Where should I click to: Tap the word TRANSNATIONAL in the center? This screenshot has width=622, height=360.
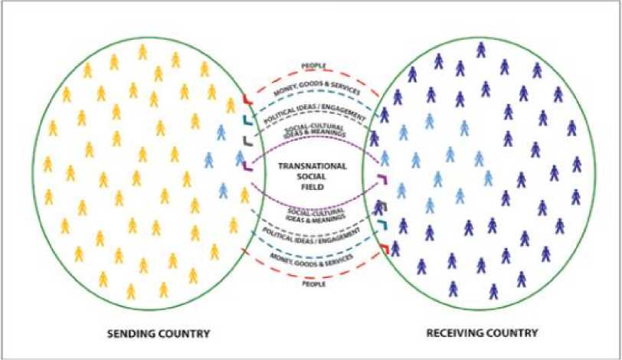pos(313,165)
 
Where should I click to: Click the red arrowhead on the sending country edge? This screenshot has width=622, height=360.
pos(245,99)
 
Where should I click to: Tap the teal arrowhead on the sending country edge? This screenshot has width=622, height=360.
pos(245,119)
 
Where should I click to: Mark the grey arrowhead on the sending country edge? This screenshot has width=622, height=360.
pos(245,141)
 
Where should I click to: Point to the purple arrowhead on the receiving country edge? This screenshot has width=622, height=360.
pos(382,181)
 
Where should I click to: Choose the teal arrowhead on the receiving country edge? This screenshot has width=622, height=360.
pos(381,227)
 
